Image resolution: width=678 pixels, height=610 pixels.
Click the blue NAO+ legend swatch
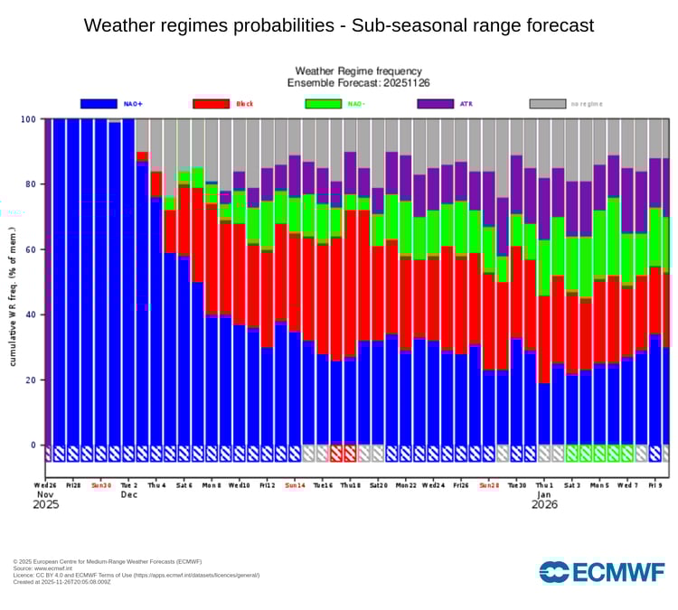(x=99, y=104)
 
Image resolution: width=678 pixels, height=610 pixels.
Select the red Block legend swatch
(x=212, y=104)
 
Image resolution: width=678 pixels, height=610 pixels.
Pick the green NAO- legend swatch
(x=324, y=104)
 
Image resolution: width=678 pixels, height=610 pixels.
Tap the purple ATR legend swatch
(x=436, y=104)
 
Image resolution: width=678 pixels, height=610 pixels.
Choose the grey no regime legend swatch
(x=548, y=104)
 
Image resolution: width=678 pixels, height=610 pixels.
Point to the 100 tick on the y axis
(x=28, y=119)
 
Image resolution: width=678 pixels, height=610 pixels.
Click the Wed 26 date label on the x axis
(x=46, y=484)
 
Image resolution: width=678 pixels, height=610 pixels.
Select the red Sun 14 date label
(x=295, y=484)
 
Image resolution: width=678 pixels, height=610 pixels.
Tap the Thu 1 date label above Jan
(x=544, y=484)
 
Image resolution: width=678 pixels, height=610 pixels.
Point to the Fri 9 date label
(x=654, y=484)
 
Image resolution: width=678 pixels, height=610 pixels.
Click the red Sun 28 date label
(x=489, y=484)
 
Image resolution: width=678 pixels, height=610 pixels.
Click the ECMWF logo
(x=601, y=572)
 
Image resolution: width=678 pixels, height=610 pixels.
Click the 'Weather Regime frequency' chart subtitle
(x=358, y=71)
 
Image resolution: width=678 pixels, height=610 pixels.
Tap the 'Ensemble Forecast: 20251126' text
(x=358, y=83)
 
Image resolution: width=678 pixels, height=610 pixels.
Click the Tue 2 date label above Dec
(x=128, y=484)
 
